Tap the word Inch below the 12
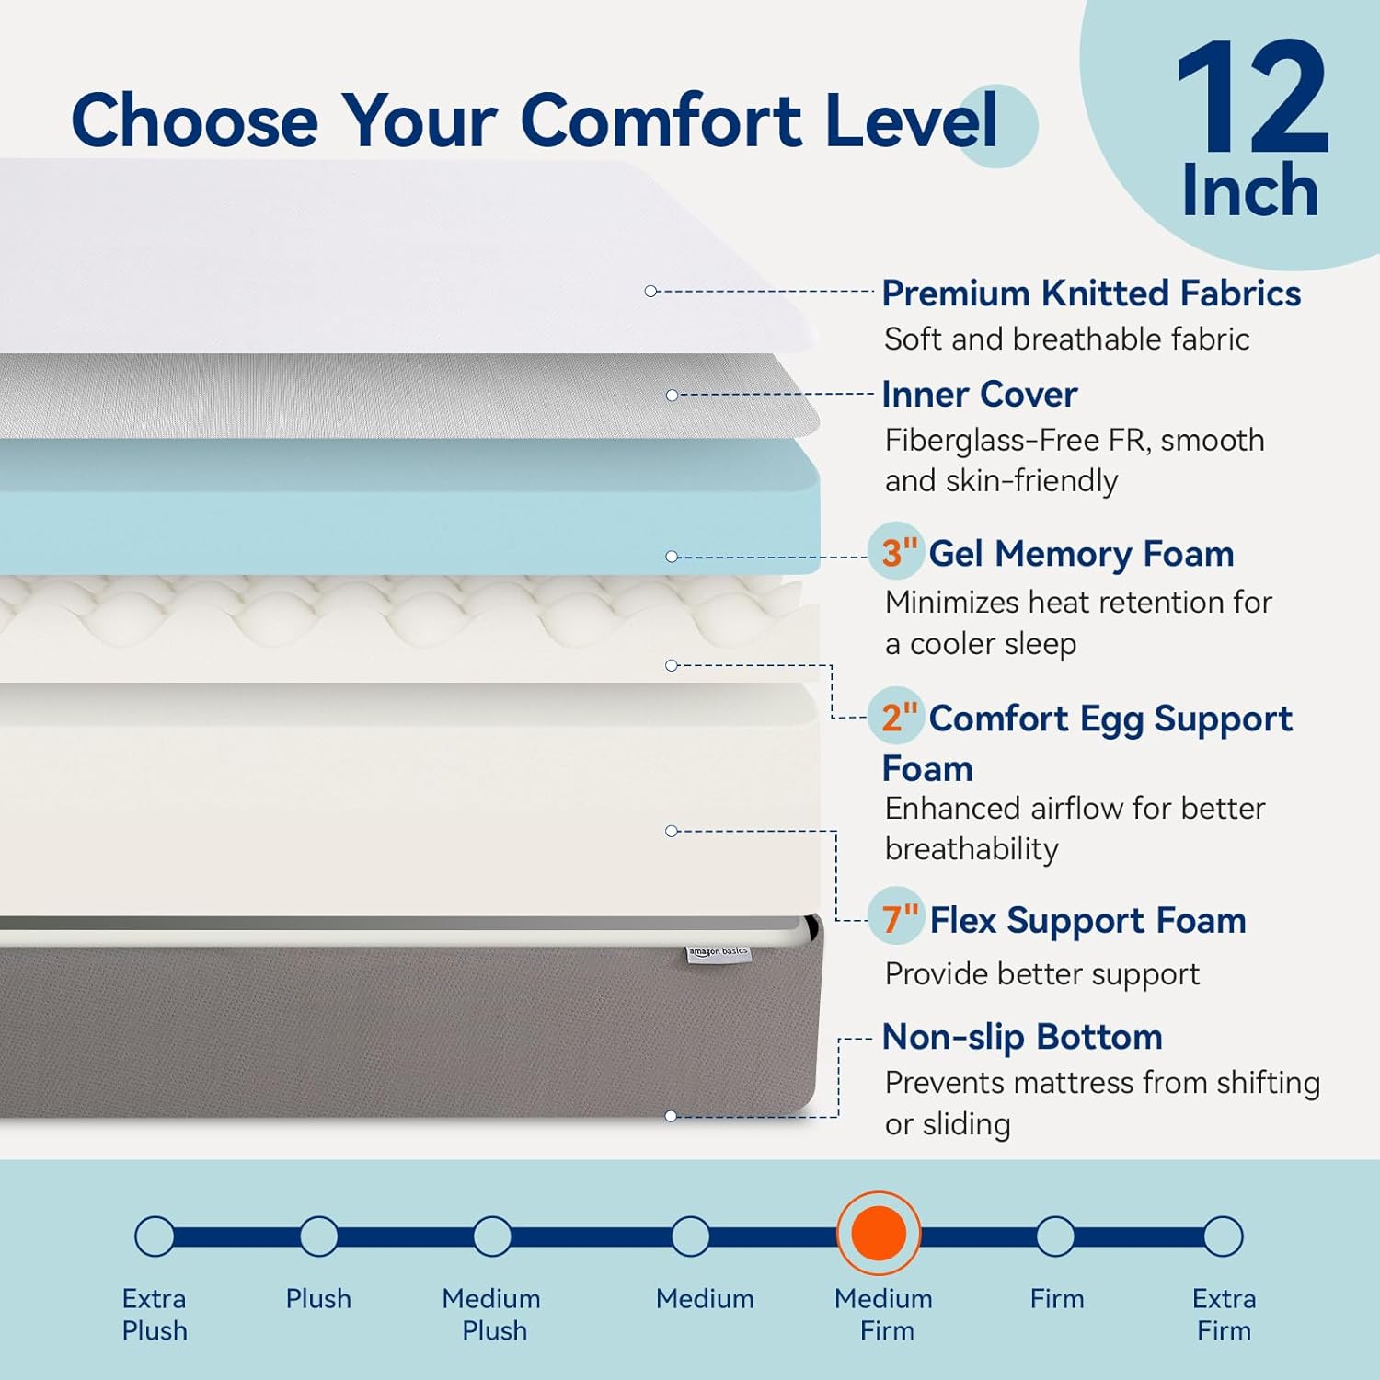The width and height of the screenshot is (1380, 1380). point(1249,190)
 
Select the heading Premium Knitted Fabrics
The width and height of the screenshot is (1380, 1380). point(1091,293)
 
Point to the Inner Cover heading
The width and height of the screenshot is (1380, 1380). point(979,395)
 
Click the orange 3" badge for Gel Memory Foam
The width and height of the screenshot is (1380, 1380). point(898,552)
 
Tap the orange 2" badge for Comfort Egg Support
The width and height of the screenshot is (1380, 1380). point(898,717)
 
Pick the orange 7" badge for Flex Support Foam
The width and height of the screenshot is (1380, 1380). point(899,918)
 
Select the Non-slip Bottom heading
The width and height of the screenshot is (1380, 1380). point(1022,1037)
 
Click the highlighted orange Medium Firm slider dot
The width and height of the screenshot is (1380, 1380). point(879,1234)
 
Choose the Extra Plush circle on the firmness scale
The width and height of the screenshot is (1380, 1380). point(155,1236)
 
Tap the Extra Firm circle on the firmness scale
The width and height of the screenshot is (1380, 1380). point(1223,1236)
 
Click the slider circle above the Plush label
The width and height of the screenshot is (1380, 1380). point(318,1236)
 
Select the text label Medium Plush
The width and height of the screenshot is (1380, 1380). point(492,1314)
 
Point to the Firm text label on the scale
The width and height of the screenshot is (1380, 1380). point(1056,1298)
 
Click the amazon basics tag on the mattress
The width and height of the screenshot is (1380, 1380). point(719,953)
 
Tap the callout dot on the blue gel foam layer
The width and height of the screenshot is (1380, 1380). point(672,557)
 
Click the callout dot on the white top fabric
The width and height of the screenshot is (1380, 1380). point(650,291)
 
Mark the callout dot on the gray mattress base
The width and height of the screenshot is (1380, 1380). point(671,1116)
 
